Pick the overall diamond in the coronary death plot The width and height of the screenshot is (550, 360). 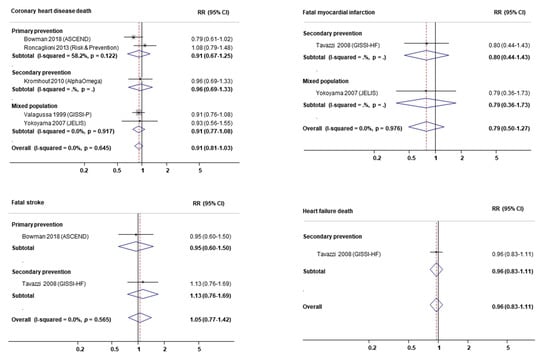coord(138,146)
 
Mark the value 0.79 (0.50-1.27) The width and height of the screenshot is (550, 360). coord(494,126)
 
